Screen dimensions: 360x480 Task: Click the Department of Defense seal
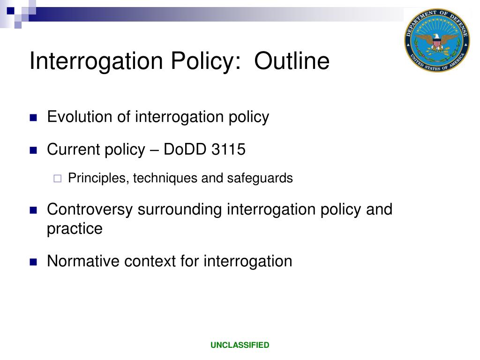coord(436,41)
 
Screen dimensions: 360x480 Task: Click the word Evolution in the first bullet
coord(80,117)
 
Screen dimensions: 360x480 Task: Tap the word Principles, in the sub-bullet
coord(99,179)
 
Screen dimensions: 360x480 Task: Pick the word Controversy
coord(90,209)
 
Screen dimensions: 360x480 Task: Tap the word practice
coord(75,229)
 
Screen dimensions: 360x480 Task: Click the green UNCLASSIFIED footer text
coord(240,345)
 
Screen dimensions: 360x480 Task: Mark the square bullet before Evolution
coord(33,118)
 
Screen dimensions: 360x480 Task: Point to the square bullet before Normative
coord(33,262)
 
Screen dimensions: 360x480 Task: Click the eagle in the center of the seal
coord(437,42)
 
